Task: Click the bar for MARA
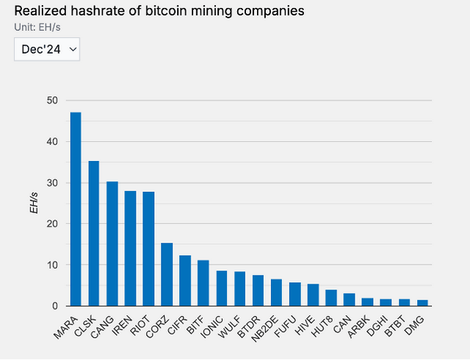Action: [x=76, y=209]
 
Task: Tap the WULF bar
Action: [x=240, y=289]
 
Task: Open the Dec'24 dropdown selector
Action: [x=46, y=48]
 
